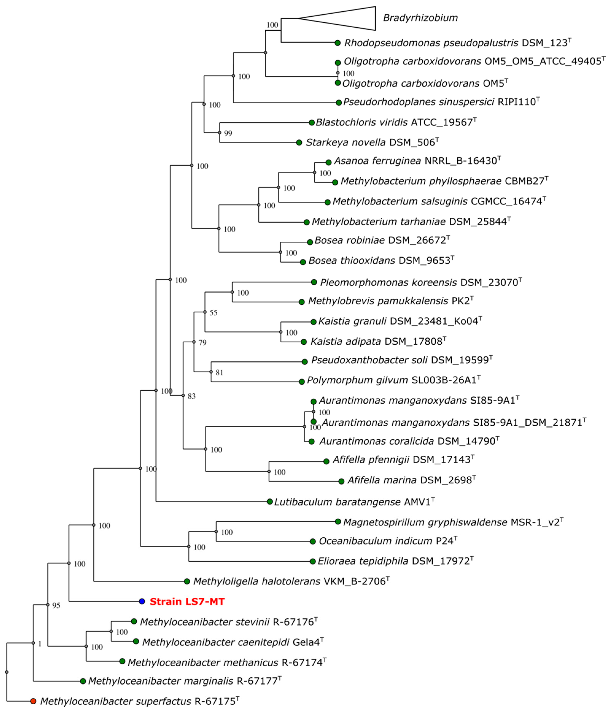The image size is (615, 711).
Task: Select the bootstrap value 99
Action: (x=228, y=133)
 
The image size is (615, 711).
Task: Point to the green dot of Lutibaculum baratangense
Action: (x=270, y=502)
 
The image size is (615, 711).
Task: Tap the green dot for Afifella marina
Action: (x=341, y=481)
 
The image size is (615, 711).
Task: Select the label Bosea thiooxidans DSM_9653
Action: (x=381, y=261)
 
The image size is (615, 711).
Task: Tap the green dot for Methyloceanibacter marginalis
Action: (x=83, y=681)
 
